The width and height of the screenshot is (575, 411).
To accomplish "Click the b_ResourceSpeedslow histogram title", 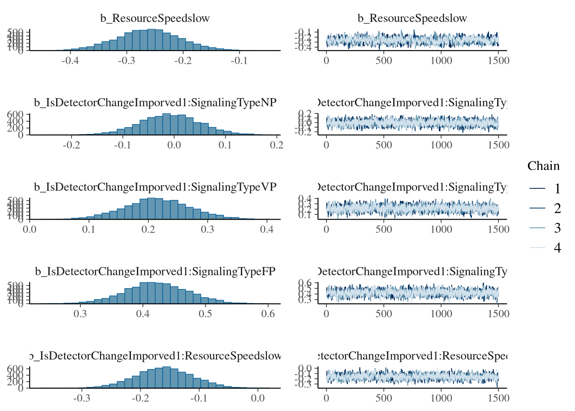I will (155, 18).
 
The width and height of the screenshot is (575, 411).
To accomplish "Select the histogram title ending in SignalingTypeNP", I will (155, 103).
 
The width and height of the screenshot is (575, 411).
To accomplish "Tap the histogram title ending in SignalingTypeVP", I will (155, 187).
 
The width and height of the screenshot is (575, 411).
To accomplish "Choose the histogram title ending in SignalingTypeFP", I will (155, 271).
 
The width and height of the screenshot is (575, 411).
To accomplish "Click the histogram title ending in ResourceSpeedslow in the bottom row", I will (155, 356).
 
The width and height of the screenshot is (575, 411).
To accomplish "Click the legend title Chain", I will (543, 166).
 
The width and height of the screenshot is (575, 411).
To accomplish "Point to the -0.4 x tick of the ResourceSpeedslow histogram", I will (70, 60).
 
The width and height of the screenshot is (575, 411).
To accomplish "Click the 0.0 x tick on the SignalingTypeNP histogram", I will (174, 145).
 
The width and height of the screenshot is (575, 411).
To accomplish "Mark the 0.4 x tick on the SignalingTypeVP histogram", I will (267, 229).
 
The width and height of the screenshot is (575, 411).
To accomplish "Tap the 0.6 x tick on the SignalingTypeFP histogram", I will (268, 313).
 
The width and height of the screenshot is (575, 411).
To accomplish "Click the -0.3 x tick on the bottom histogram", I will (81, 398).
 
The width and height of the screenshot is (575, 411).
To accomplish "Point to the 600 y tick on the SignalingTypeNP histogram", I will (15, 115).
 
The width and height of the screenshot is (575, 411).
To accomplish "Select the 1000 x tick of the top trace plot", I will (441, 60).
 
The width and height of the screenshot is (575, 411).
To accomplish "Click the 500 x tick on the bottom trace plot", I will (384, 398).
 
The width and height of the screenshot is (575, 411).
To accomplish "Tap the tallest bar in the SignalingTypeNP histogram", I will (166, 124).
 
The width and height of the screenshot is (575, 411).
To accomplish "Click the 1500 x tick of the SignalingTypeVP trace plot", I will (498, 229).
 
